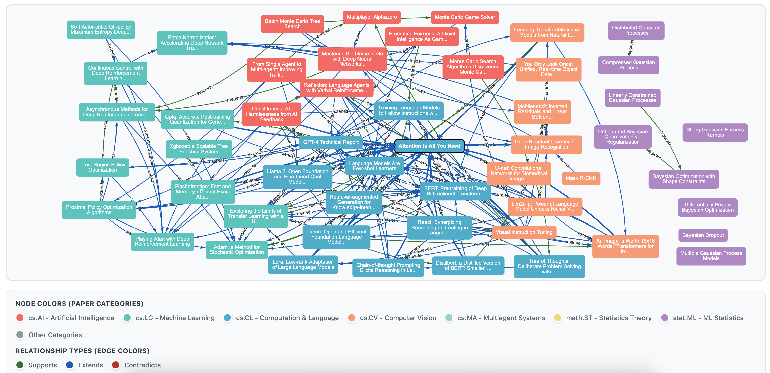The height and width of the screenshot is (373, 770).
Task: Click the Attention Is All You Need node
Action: pos(429,146)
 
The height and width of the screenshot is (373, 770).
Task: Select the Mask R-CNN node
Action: pos(581,178)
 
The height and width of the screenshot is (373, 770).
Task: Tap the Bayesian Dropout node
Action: pos(703,235)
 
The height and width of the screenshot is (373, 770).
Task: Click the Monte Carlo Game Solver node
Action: pos(465,17)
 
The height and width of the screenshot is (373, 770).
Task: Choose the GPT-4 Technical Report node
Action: pos(331,142)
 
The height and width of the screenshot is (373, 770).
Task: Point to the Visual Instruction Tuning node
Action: pos(524,232)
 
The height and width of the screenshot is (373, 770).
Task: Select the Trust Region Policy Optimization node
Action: pos(102,167)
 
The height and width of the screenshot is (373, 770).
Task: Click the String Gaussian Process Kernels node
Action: pos(715,132)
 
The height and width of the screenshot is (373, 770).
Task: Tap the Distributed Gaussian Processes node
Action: pos(636,30)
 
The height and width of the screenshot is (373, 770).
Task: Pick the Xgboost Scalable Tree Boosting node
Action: pos(199,149)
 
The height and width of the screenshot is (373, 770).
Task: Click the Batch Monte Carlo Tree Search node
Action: pos(292,24)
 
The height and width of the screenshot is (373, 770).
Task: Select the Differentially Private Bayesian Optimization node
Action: pos(707,207)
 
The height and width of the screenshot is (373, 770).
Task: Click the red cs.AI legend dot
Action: pos(20,318)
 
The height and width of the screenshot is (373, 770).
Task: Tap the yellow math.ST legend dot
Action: pos(557,318)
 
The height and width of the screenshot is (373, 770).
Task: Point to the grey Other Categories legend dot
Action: pos(20,335)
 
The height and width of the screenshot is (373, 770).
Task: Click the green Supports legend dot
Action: pos(20,365)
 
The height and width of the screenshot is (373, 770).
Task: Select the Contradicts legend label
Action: pos(142,365)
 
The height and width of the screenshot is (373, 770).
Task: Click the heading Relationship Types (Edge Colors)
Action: pos(82,351)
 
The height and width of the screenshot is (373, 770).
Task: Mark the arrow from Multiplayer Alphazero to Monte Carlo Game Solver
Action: pos(415,18)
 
